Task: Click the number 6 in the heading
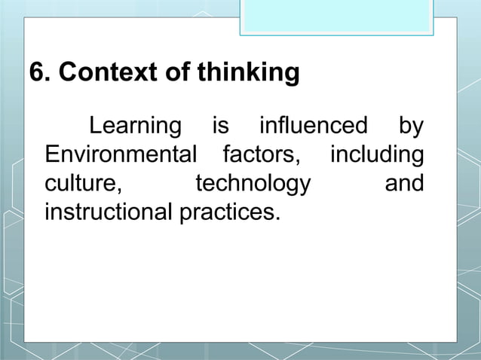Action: point(35,73)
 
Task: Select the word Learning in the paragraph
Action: point(136,126)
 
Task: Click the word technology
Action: point(253,185)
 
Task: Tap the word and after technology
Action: point(404,184)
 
